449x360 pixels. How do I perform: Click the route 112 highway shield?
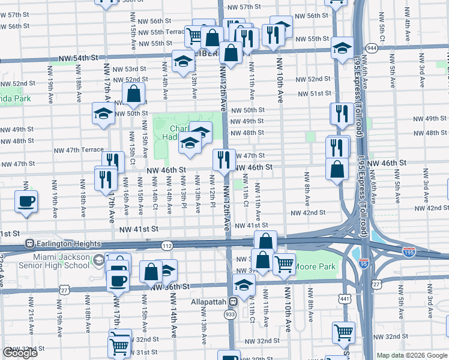click(167, 245)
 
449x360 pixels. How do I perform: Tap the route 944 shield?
click(372, 47)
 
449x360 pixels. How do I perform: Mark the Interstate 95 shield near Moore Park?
click(364, 263)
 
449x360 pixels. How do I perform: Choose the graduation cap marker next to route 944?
click(342, 50)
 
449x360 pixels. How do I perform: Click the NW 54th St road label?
click(78, 58)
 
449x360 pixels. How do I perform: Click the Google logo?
click(20, 353)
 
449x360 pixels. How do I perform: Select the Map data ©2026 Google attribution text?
click(412, 355)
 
